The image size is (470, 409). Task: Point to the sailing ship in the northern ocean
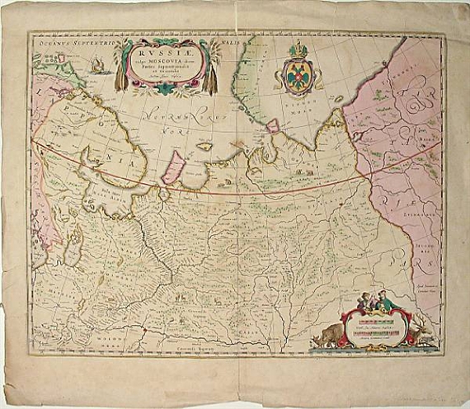(x=98, y=64)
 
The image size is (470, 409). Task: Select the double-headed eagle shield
(x=297, y=77)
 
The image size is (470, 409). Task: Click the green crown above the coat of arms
(x=297, y=52)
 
